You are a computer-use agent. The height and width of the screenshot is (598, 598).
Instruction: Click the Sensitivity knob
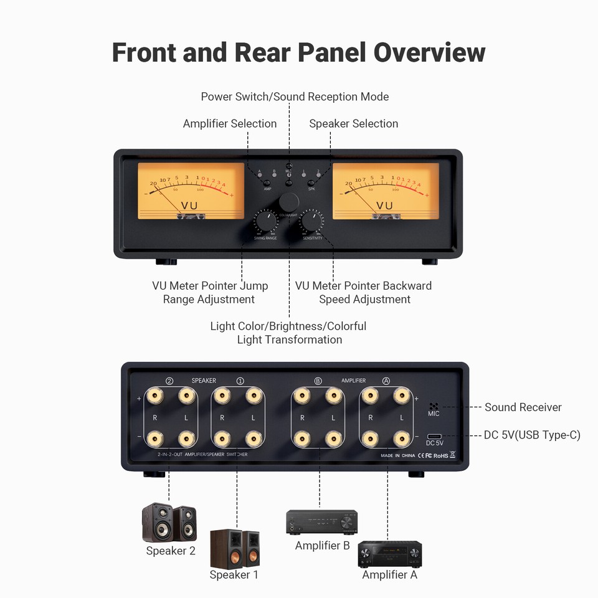[x=311, y=222]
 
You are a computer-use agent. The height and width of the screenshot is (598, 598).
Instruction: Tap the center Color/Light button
[x=288, y=201]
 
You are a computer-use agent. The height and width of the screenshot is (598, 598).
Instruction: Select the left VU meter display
[x=191, y=191]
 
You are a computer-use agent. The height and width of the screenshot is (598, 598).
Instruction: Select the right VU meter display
[x=386, y=191]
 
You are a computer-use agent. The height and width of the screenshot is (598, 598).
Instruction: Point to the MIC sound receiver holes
[x=434, y=406]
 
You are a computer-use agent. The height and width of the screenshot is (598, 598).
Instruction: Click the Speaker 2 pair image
[x=169, y=523]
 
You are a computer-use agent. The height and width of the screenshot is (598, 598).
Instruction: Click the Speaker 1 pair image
[x=235, y=548]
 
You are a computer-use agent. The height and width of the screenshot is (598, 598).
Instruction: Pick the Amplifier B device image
[x=321, y=522]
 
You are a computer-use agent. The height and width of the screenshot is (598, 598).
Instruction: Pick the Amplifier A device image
[x=390, y=554]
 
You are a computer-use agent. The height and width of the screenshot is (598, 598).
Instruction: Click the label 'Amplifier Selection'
[x=230, y=123]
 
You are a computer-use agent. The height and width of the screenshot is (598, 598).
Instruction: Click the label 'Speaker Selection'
[x=353, y=123]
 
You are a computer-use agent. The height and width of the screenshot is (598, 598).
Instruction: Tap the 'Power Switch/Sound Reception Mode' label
[x=295, y=97]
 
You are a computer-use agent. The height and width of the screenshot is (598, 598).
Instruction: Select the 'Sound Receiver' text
[x=523, y=407]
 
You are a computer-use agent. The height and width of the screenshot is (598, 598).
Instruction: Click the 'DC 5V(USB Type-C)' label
[x=531, y=435]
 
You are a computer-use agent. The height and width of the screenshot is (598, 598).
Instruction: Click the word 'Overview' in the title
[x=429, y=52]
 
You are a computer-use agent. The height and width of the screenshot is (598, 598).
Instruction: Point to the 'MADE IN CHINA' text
[x=398, y=455]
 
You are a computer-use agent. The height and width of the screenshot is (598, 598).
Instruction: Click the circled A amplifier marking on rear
[x=386, y=381]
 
